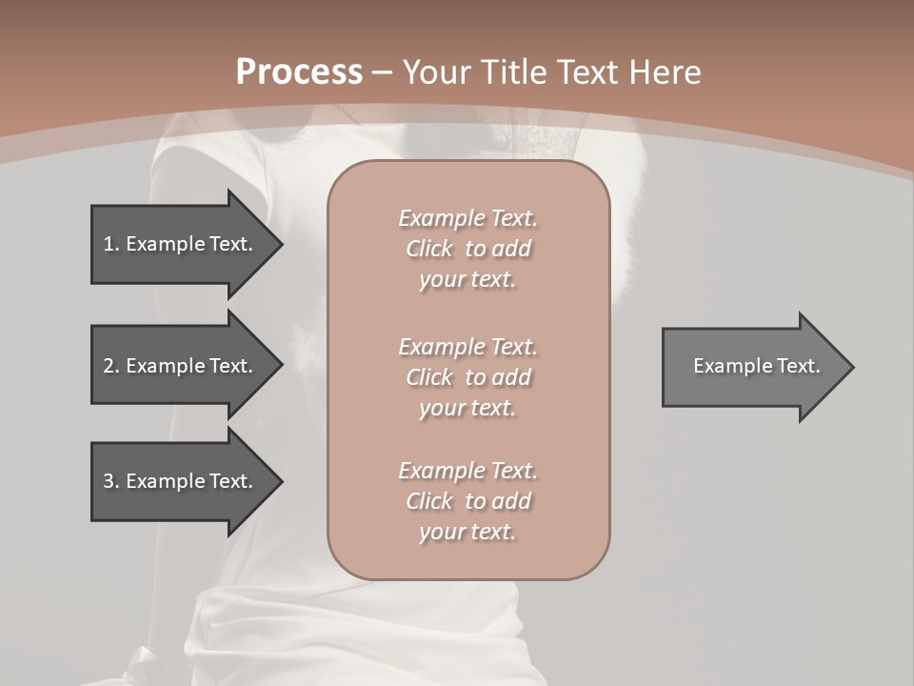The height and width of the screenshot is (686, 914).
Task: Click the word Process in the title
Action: point(299,72)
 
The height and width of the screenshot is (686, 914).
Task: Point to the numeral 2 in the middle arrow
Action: point(109,366)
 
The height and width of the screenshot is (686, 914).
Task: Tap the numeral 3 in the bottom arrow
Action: point(109,481)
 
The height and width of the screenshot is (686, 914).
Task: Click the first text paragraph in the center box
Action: point(467,249)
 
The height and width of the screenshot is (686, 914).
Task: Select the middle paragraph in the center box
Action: point(467,377)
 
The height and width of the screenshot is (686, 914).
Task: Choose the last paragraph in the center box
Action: point(467,501)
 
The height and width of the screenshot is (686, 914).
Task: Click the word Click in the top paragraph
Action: point(428,249)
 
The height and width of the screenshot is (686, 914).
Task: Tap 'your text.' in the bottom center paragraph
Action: point(467,532)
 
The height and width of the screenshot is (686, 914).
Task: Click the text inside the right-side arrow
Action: point(756,366)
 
